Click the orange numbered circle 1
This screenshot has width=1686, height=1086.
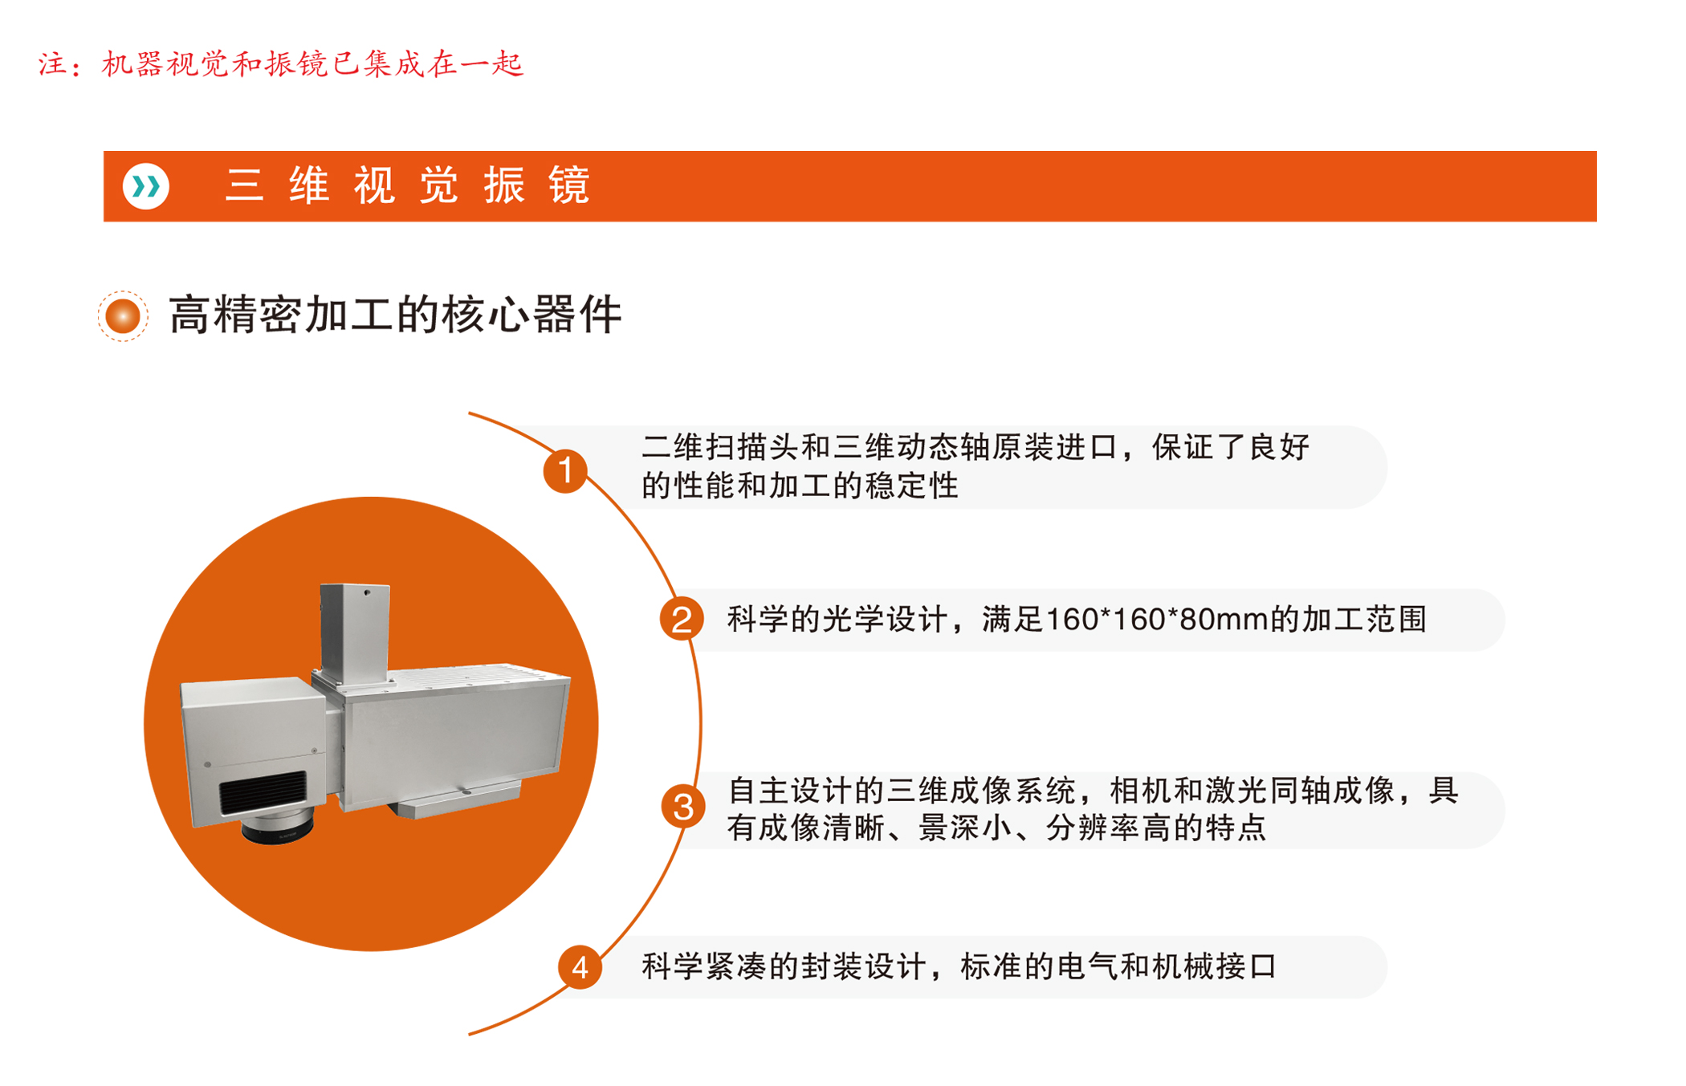click(x=565, y=470)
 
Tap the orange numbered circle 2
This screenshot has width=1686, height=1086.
click(x=682, y=619)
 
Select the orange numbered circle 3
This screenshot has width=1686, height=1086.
click(x=683, y=807)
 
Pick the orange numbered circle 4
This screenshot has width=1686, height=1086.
click(x=580, y=967)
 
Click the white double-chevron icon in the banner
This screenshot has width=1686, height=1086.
click(x=146, y=186)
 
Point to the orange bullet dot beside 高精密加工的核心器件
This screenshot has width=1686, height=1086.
click(x=123, y=315)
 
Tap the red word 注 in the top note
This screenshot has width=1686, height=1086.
click(x=53, y=64)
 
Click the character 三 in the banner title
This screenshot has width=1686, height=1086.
click(x=245, y=186)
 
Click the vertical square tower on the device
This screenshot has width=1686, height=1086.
click(x=355, y=632)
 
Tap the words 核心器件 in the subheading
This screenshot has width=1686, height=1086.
click(x=531, y=315)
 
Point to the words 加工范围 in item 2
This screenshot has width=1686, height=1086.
click(x=1363, y=620)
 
